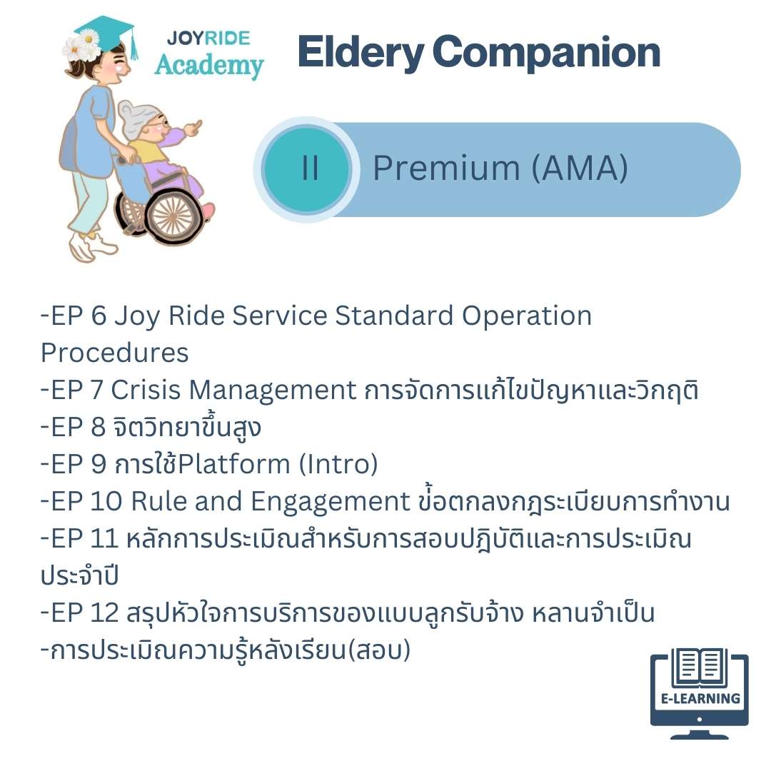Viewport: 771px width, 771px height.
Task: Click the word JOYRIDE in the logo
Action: click(x=208, y=39)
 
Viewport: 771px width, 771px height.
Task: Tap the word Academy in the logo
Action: click(x=209, y=65)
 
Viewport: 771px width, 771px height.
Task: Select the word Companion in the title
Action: click(x=546, y=53)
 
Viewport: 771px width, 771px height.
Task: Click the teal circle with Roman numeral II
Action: click(x=307, y=168)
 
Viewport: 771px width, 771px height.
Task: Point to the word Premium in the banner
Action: click(x=446, y=168)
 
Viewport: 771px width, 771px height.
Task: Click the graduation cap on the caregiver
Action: click(x=106, y=34)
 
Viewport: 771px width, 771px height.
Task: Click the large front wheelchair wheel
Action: click(x=172, y=216)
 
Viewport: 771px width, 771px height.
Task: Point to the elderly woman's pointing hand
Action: click(x=193, y=128)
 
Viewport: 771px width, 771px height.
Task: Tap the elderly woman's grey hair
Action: click(x=133, y=119)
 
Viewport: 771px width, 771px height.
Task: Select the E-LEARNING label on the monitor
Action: click(x=700, y=699)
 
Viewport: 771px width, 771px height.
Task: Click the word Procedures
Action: click(x=114, y=353)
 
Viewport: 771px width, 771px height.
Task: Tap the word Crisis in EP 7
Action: click(x=146, y=390)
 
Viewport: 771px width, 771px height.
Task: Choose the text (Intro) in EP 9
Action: click(x=338, y=464)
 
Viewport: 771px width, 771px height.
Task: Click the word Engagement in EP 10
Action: click(x=330, y=503)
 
